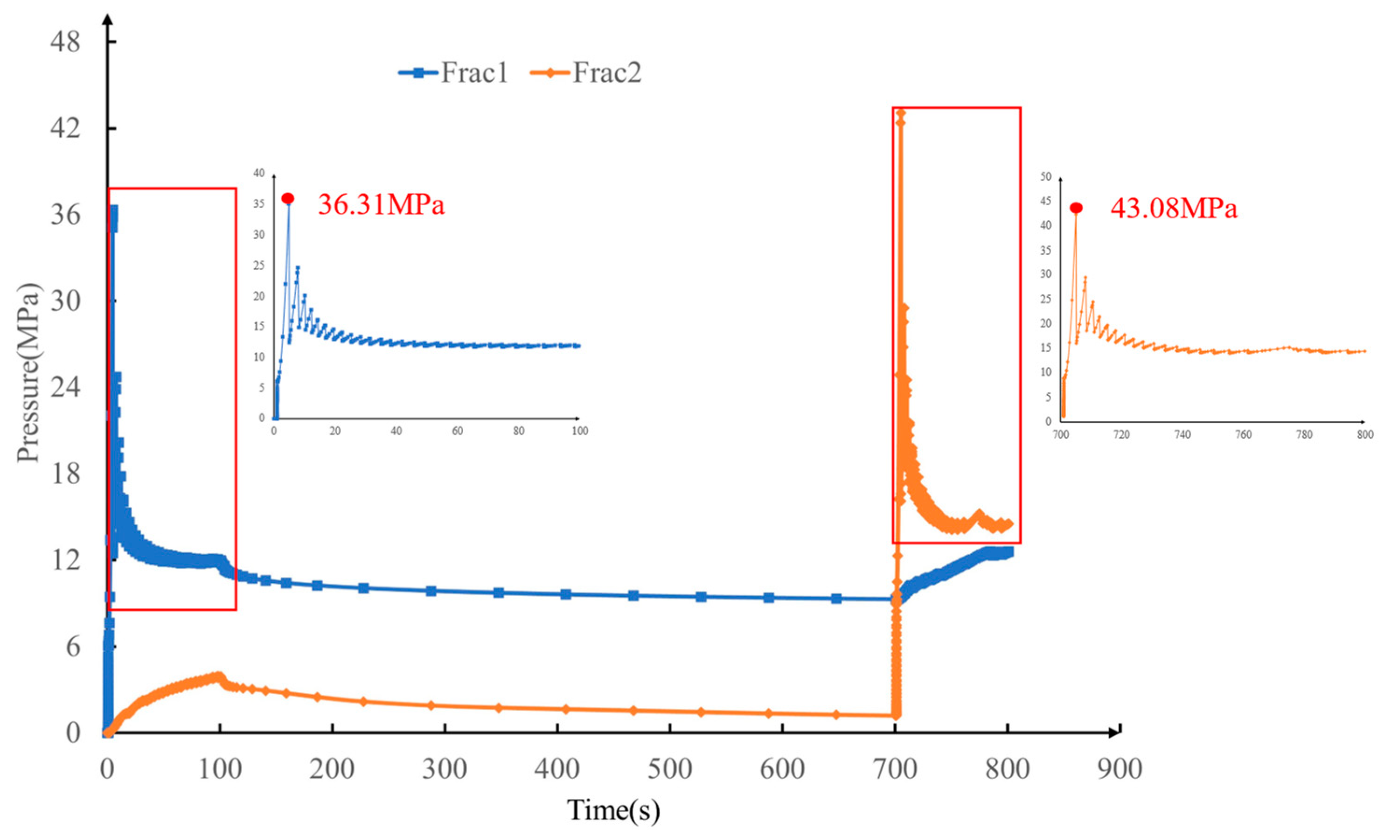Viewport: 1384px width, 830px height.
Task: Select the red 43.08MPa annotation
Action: (x=1174, y=209)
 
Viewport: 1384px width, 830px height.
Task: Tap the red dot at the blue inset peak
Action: (x=288, y=199)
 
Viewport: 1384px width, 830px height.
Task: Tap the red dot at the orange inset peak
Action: (x=1076, y=208)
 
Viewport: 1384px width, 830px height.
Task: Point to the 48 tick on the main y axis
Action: (x=65, y=42)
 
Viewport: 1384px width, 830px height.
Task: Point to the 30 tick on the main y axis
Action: (x=65, y=301)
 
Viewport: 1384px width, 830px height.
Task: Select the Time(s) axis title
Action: (x=613, y=809)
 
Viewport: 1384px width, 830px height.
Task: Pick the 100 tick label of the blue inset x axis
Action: (x=580, y=431)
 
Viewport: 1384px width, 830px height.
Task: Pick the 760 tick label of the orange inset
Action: (x=1243, y=434)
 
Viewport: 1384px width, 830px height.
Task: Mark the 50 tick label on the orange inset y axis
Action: (x=1045, y=177)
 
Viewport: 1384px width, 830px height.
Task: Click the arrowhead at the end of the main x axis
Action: (x=1116, y=732)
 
